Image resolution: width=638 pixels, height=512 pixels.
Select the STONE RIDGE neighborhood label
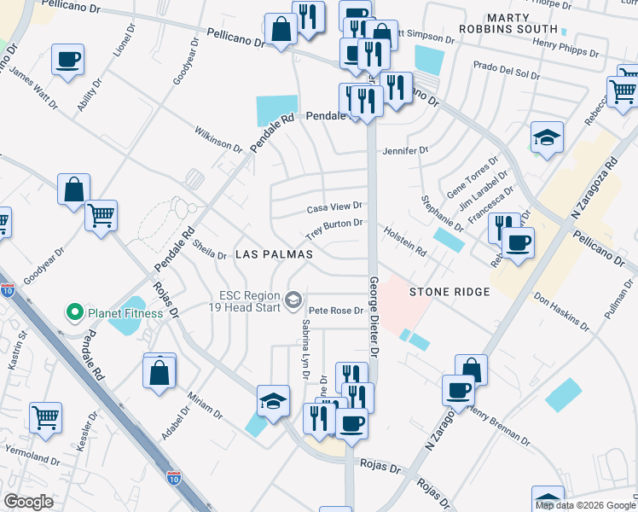click(449, 292)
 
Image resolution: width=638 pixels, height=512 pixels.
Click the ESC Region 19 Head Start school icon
click(294, 300)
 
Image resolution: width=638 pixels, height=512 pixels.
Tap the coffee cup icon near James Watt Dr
click(67, 61)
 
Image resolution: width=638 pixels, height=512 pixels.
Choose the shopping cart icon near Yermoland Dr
click(45, 417)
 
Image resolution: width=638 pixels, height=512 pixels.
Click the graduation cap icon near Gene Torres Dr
click(547, 137)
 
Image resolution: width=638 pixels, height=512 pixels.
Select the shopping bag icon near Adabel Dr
click(159, 372)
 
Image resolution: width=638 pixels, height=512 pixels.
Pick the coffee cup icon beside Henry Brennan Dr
click(458, 391)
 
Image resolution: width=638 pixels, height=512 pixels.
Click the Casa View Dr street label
click(334, 207)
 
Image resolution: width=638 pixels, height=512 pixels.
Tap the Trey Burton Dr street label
click(335, 229)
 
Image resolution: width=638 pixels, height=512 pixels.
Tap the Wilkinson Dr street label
click(218, 140)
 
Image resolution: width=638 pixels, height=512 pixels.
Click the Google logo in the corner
click(28, 502)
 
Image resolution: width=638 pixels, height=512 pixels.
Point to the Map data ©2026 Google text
click(585, 505)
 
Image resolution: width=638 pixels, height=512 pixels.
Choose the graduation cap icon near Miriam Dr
click(273, 401)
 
